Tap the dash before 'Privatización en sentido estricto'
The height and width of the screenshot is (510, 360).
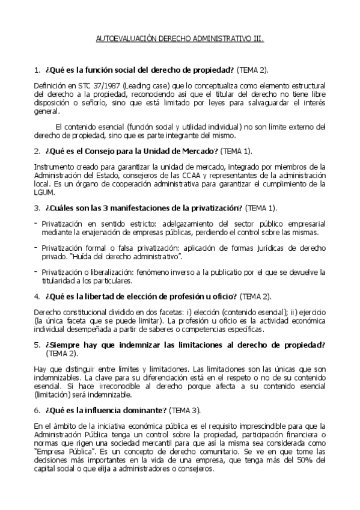(36, 223)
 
